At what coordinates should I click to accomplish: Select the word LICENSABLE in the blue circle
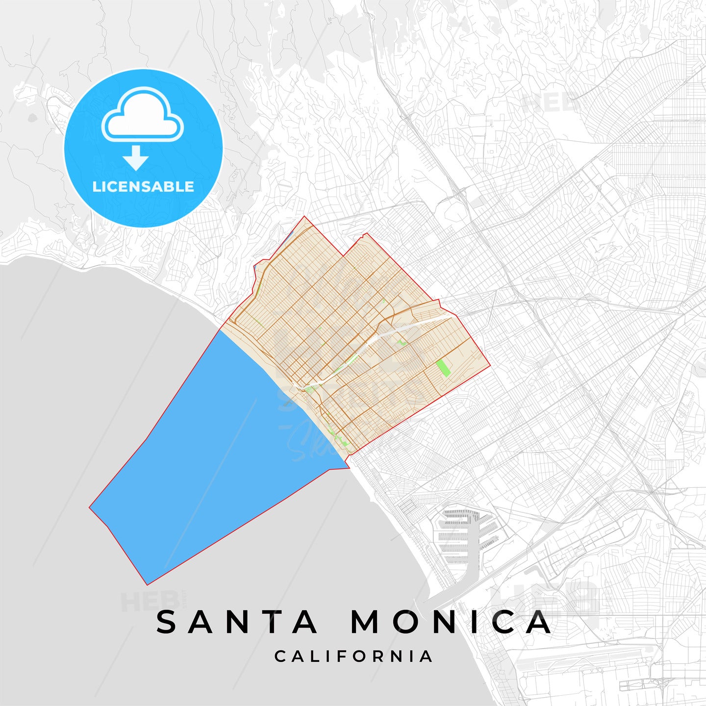(143, 187)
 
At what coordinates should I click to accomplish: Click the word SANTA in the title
(237, 622)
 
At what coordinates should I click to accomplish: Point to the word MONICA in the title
(451, 622)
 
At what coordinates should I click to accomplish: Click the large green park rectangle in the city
(443, 368)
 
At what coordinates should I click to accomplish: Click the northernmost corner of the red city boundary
(304, 217)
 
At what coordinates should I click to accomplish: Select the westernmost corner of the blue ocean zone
(90, 507)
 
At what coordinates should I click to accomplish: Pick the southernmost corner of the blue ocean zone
(147, 584)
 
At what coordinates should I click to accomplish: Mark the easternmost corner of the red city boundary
(490, 366)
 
